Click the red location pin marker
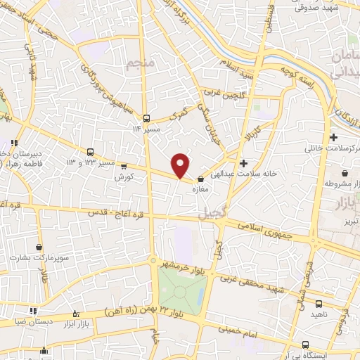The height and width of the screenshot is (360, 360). click(x=181, y=165)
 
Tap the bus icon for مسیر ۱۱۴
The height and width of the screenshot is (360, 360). click(x=146, y=118)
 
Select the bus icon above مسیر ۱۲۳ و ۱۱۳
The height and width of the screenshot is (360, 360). click(x=90, y=152)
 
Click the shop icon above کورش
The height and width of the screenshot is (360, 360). click(x=124, y=167)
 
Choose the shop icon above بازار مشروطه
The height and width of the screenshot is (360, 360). click(x=345, y=174)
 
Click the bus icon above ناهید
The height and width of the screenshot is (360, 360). click(x=319, y=304)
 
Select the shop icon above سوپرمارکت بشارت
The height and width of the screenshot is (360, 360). click(x=39, y=247)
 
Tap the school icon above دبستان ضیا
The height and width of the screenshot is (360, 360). click(x=32, y=310)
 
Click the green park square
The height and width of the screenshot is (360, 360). click(x=182, y=288)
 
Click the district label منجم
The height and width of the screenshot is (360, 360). click(x=140, y=65)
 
